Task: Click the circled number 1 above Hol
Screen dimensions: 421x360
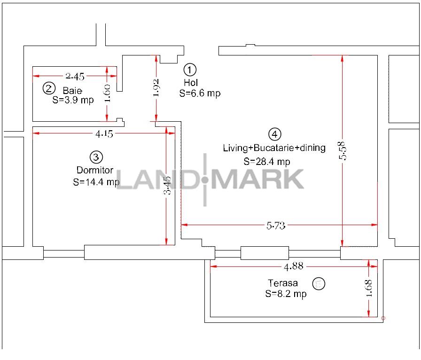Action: click(190, 70)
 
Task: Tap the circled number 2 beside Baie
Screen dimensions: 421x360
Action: click(49, 88)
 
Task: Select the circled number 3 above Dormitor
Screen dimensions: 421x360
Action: click(96, 157)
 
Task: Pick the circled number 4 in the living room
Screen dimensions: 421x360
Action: click(275, 134)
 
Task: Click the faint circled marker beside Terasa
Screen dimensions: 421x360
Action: click(319, 283)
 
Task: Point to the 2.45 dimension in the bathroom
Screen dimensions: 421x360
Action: click(75, 77)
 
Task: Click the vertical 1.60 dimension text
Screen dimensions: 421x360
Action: click(107, 93)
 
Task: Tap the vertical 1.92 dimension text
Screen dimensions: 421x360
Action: click(156, 87)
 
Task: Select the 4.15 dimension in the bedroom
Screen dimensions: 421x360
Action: click(104, 133)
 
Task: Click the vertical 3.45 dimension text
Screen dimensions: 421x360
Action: click(167, 185)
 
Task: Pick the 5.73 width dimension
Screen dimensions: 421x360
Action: click(276, 226)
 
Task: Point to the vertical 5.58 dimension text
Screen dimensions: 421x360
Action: click(343, 151)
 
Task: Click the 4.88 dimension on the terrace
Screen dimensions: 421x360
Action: click(294, 266)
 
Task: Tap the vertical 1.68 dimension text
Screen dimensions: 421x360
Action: click(369, 288)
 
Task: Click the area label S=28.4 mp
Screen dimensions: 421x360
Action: click(267, 162)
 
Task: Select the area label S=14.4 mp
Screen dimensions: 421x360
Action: click(96, 182)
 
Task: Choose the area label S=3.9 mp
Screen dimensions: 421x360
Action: click(73, 100)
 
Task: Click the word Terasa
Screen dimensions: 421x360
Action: click(283, 283)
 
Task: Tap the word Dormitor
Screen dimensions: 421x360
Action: click(95, 170)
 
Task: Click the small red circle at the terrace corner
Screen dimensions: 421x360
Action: click(383, 318)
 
